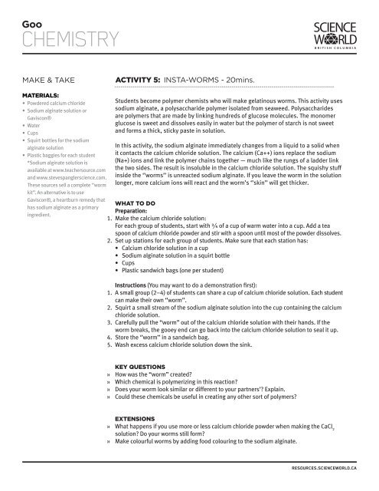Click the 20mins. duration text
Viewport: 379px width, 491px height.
tap(255, 78)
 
